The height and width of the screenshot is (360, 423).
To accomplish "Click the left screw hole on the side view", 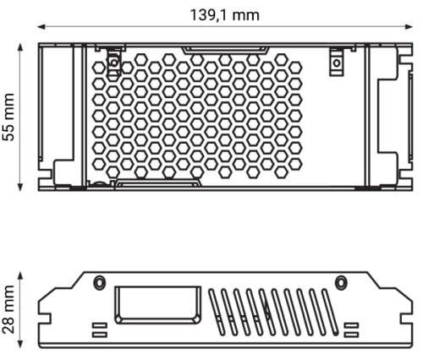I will (100, 281).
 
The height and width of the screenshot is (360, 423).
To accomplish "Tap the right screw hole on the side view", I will (342, 281).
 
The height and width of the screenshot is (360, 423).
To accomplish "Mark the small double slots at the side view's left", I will (98, 329).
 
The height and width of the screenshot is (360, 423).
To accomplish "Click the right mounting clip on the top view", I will (337, 62).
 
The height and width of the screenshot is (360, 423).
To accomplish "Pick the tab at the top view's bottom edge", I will (158, 181).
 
